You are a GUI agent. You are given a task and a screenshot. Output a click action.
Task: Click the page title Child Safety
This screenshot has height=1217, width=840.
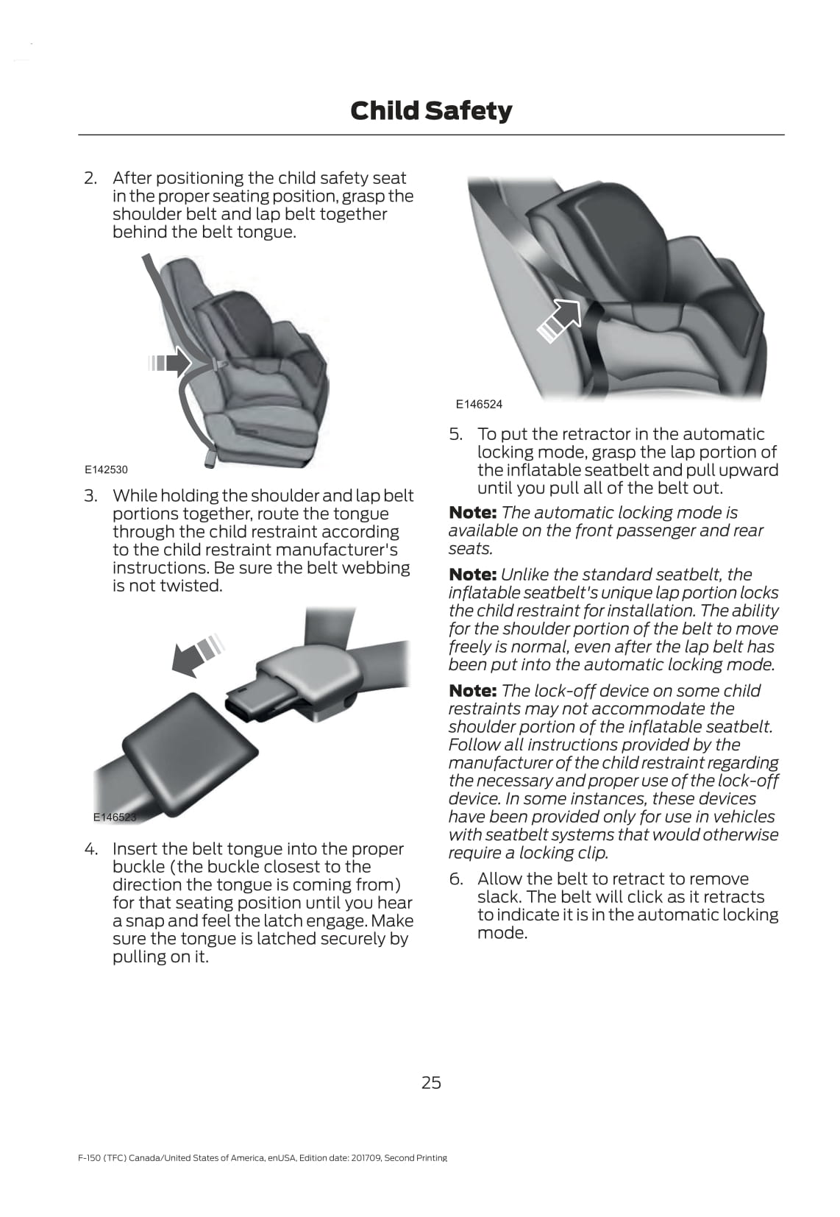[x=431, y=111]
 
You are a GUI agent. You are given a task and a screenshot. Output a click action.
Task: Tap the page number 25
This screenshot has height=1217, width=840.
[x=431, y=1082]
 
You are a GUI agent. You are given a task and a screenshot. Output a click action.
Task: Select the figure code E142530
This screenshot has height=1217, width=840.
[x=106, y=469]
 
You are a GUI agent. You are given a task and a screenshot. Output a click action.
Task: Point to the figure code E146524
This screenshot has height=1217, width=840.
[x=479, y=404]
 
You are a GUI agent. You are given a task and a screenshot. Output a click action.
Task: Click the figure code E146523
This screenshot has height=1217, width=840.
[x=115, y=817]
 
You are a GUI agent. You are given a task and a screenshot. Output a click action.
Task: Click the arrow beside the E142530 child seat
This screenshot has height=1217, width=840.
[x=171, y=362]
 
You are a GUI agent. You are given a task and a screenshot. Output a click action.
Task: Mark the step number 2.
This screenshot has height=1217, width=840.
[x=90, y=178]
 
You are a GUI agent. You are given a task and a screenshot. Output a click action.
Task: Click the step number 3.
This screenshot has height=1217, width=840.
[x=90, y=496]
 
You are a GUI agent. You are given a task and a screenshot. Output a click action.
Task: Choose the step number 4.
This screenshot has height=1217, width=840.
[x=90, y=849]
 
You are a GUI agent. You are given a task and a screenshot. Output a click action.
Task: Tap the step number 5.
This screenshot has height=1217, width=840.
[x=456, y=434]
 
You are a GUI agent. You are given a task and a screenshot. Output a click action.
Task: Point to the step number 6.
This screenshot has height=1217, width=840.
[x=456, y=879]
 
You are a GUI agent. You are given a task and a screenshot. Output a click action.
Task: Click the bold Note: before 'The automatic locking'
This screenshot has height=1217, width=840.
[x=472, y=513]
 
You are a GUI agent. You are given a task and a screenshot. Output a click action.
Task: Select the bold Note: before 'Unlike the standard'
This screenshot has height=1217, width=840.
[x=472, y=575]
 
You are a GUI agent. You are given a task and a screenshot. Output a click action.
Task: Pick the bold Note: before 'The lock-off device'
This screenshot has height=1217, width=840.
[x=472, y=691]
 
